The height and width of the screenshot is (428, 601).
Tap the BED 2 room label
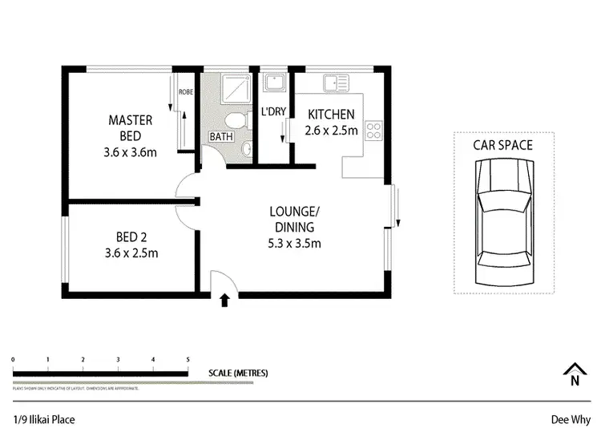click(131, 245)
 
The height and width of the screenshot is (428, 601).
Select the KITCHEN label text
click(332, 114)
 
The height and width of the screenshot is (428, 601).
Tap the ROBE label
click(185, 92)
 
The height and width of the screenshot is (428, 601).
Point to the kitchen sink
click(335, 81)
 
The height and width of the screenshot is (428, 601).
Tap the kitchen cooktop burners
click(373, 130)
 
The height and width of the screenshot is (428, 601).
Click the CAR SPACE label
click(502, 145)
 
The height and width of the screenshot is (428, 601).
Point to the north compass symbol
click(574, 375)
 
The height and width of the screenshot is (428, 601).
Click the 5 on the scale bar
click(188, 360)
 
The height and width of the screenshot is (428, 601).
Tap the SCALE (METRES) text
click(238, 373)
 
